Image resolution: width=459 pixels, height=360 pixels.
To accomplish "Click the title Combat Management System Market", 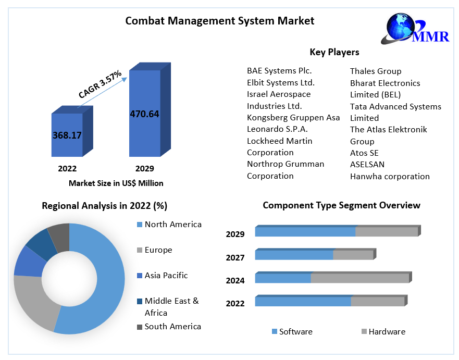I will pos(220,21).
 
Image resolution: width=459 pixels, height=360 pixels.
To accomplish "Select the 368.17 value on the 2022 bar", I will pos(67,135).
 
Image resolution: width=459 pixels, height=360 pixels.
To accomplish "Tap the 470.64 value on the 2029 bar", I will pos(144,114).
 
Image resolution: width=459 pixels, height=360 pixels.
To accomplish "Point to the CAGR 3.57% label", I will pos(100,84).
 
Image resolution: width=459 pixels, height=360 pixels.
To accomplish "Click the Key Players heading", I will pos(334,52).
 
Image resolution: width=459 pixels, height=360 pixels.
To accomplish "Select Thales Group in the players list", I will pos(375,71).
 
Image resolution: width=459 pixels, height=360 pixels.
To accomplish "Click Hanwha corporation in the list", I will pos(390,176).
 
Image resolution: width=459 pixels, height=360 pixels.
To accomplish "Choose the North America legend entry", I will pos(172,225).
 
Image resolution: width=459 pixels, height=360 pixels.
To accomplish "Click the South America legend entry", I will pos(172,327).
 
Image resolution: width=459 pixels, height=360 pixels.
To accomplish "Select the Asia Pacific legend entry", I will pos(166,275).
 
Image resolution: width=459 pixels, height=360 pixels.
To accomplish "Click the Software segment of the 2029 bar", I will pos(305,232).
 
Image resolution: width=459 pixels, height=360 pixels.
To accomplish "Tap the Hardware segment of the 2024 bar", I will pos(359,278).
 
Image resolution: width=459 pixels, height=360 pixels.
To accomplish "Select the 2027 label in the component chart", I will pos(235,257).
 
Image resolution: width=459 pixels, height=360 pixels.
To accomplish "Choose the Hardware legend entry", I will pos(386,332).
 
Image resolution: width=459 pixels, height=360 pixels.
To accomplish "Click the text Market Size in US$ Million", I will pos(116,183).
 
